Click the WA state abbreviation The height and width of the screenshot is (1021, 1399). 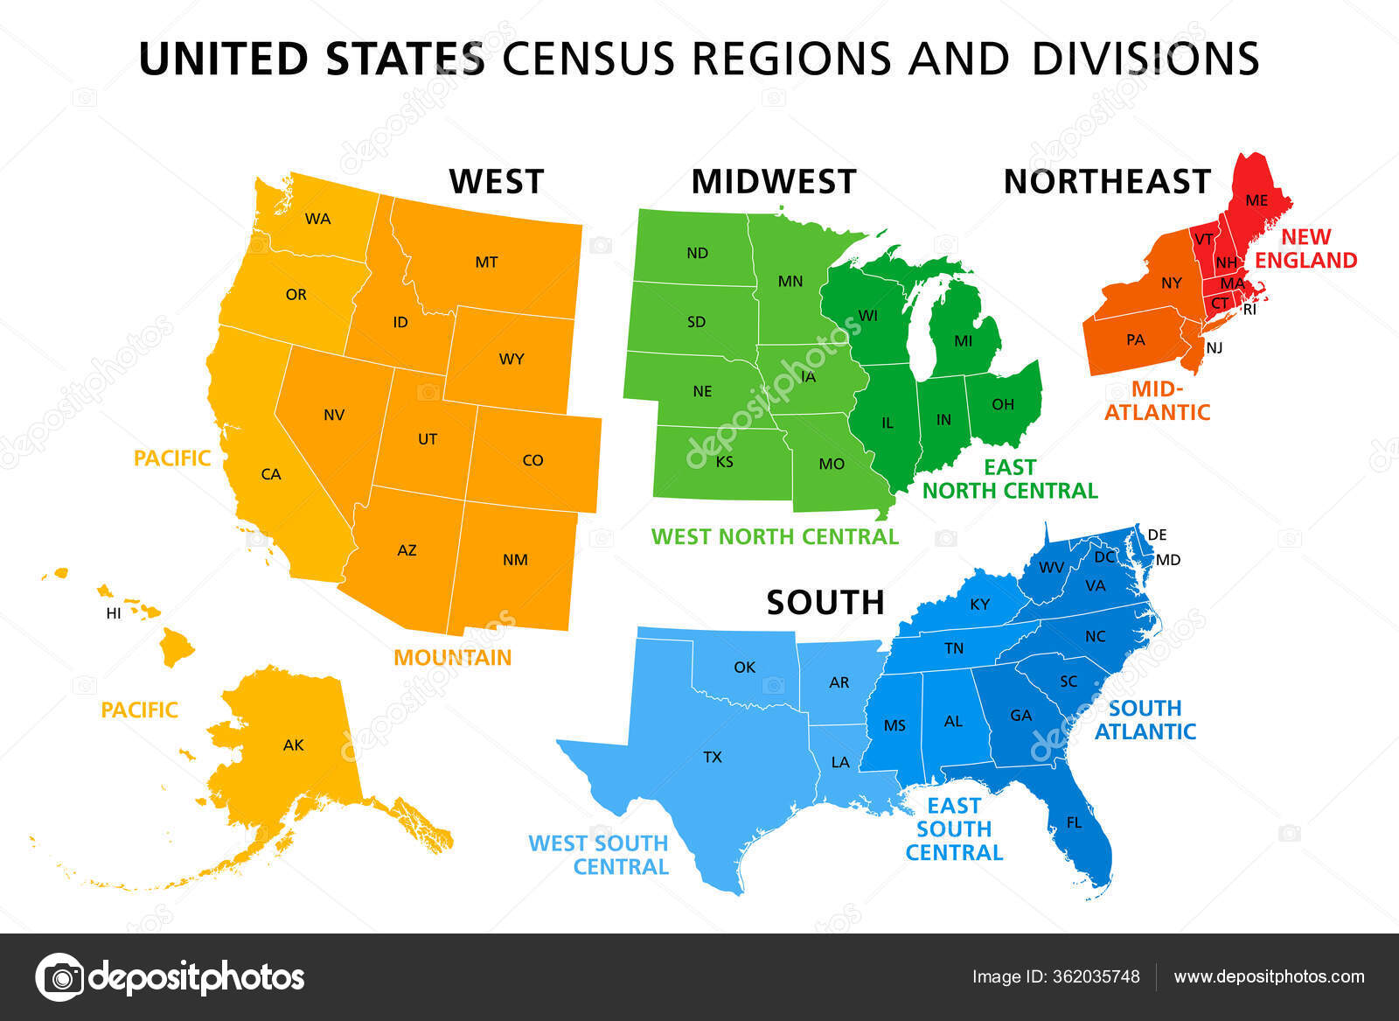[x=317, y=219]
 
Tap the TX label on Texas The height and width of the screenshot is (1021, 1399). [x=713, y=757]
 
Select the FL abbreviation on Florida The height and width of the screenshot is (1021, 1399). [x=1074, y=822]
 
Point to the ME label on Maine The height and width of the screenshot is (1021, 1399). [x=1256, y=200]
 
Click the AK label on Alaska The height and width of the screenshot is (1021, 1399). [x=293, y=745]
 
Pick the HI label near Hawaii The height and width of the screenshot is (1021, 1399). [x=114, y=613]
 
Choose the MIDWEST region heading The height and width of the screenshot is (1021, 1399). [x=774, y=181]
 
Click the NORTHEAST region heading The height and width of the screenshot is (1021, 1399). [x=1107, y=181]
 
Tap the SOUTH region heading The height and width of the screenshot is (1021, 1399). [x=825, y=603]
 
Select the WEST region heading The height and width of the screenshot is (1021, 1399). [x=497, y=181]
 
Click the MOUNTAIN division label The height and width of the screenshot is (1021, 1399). [x=452, y=658]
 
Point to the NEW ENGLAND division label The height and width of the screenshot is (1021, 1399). [x=1306, y=248]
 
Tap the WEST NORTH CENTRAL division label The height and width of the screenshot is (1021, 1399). [x=775, y=536]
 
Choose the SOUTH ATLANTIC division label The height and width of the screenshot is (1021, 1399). [x=1145, y=719]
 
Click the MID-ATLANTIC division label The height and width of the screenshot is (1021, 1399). [x=1157, y=401]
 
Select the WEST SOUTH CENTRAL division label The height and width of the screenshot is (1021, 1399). [x=599, y=855]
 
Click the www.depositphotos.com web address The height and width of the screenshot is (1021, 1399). [x=1269, y=976]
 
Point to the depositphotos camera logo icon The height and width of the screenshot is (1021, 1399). [x=60, y=976]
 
